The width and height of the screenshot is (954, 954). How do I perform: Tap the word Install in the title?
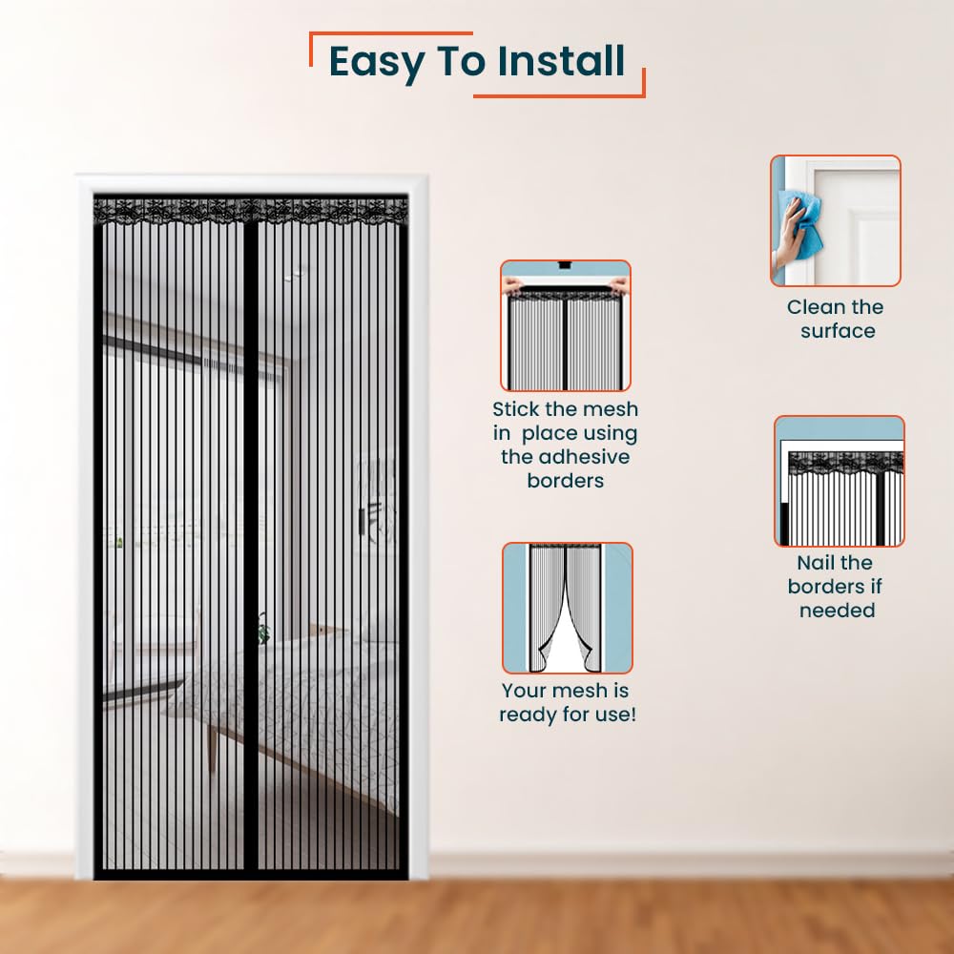[x=561, y=61]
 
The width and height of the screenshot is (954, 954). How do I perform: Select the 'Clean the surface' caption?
[x=836, y=319]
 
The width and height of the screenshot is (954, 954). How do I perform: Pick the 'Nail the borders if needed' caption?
[x=835, y=587]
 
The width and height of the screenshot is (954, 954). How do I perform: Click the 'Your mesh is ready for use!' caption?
[x=567, y=703]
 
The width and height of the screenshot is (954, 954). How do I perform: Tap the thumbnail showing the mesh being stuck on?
[x=565, y=325]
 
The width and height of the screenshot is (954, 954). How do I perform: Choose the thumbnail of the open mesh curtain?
[x=567, y=608]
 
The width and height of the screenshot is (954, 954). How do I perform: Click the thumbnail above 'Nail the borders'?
[x=839, y=481]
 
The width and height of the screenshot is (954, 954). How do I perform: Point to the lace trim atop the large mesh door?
[x=251, y=212]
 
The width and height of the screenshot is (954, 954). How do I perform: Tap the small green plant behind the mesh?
[x=263, y=629]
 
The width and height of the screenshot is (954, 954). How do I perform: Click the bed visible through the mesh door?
[x=286, y=706]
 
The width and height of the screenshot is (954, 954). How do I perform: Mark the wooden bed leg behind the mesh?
[x=212, y=749]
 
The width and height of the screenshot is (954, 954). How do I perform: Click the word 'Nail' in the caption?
[x=816, y=563]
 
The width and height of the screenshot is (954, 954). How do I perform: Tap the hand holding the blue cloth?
[x=789, y=235]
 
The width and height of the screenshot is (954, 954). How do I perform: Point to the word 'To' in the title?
[x=461, y=61]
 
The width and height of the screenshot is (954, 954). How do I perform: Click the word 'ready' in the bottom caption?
[x=529, y=715]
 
